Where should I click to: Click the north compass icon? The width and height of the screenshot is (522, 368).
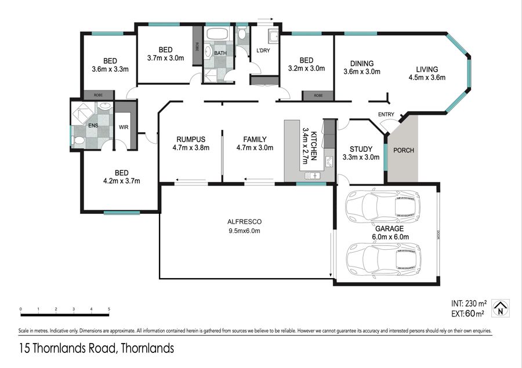[501, 308]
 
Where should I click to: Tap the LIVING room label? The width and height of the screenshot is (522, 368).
[427, 70]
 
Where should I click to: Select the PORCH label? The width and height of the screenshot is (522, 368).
[404, 150]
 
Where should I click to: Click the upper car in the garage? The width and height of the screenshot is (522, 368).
[383, 206]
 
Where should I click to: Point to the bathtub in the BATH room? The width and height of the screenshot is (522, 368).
[217, 34]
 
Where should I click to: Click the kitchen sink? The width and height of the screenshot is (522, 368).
[312, 176]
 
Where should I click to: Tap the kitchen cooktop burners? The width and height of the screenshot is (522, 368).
[329, 162]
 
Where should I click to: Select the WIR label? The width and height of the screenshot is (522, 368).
[124, 127]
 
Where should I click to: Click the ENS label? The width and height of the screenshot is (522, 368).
[93, 125]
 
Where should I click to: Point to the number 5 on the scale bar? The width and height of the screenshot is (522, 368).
[109, 309]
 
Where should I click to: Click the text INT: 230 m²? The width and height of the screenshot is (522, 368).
[469, 304]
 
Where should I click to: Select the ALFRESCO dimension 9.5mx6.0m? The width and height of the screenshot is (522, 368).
[244, 231]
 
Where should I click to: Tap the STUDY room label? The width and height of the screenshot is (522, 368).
[361, 149]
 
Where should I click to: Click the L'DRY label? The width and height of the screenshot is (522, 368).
[263, 50]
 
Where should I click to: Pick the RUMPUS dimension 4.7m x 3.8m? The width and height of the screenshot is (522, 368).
[191, 148]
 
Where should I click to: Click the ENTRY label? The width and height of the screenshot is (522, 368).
[386, 115]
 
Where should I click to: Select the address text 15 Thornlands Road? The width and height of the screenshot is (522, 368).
[67, 348]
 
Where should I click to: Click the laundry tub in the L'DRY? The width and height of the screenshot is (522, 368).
[274, 37]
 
